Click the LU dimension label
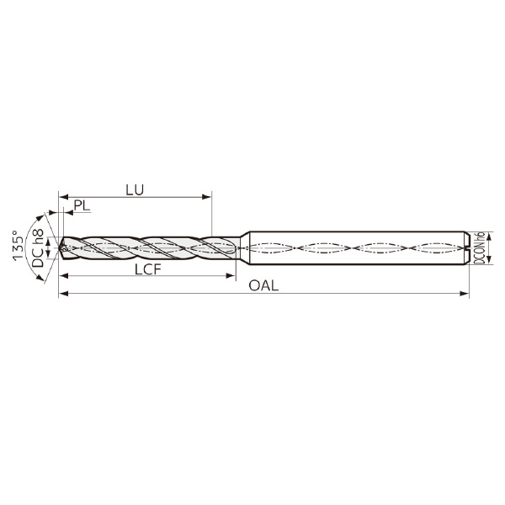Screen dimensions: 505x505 tap(135, 190)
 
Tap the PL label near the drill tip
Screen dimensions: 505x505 tap(82, 205)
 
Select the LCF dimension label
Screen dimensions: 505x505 tap(147, 269)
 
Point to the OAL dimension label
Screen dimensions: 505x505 tap(263, 285)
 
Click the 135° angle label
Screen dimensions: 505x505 tap(18, 245)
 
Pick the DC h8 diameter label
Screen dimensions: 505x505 tap(38, 248)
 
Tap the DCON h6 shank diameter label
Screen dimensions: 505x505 tap(480, 248)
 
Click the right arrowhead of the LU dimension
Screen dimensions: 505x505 tap(206, 197)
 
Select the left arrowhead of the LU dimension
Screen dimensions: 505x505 tap(64, 197)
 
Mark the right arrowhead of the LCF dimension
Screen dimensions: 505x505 tap(231, 276)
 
